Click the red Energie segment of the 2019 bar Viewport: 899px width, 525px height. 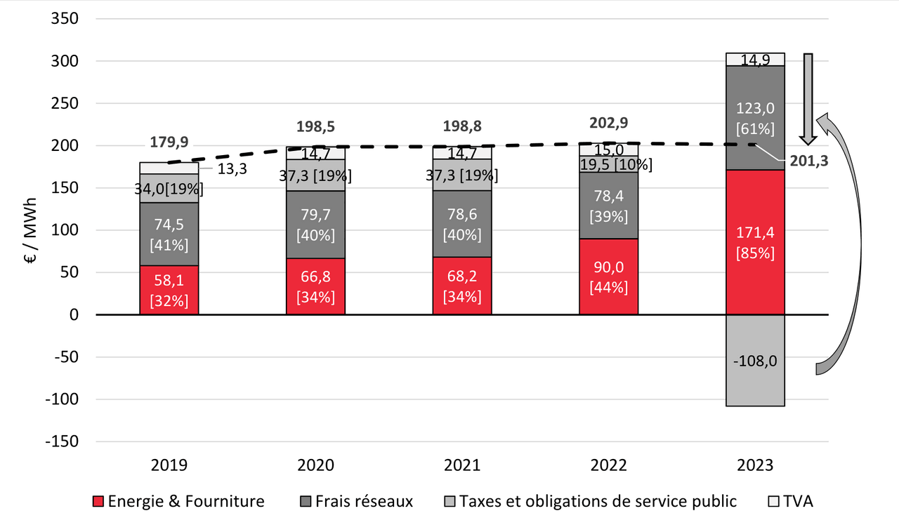(169, 290)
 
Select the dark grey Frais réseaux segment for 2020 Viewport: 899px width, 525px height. (315, 225)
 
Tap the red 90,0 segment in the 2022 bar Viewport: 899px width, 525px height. (608, 277)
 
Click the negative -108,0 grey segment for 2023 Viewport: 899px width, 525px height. (755, 360)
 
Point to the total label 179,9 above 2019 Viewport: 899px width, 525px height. (169, 142)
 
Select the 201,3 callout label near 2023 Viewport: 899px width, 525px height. (809, 161)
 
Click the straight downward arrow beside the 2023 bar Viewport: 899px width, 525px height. (808, 95)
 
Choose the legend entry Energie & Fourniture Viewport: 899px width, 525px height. (179, 501)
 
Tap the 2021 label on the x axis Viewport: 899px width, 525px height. (462, 465)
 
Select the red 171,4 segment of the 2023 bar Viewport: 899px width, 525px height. (755, 242)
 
